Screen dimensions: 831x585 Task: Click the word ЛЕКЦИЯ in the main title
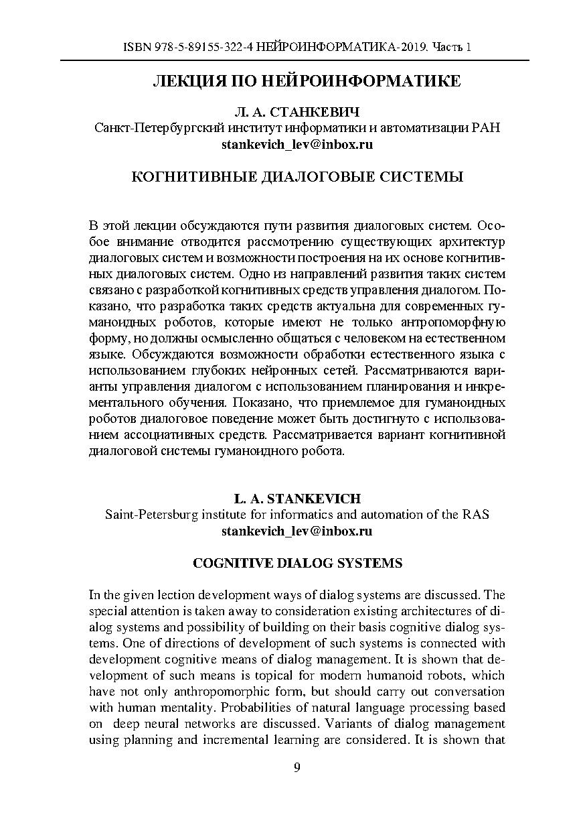[x=189, y=82]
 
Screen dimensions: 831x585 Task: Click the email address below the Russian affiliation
[x=297, y=143]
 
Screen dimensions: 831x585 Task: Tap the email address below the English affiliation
[x=297, y=531]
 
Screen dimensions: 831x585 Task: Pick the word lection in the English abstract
[x=174, y=594]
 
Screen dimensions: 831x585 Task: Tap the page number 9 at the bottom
[x=297, y=767]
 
